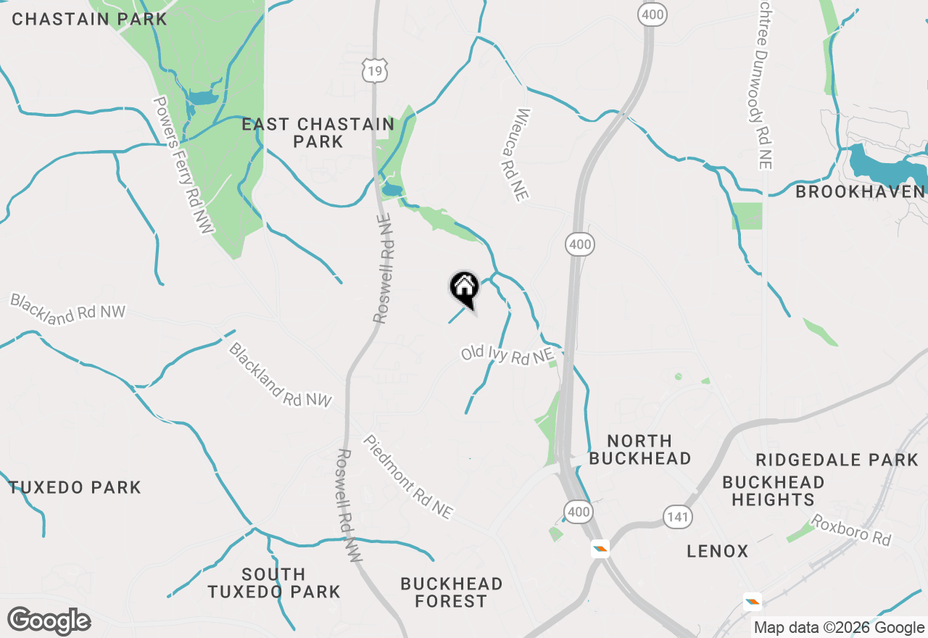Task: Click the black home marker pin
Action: [x=464, y=289]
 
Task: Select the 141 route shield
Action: [x=677, y=517]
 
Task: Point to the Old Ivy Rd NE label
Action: [x=507, y=355]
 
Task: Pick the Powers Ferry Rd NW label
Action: [x=185, y=165]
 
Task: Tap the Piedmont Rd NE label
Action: [x=408, y=477]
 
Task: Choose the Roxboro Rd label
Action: [x=850, y=531]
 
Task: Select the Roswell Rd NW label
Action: [x=349, y=506]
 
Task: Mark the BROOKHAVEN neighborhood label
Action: [x=861, y=192]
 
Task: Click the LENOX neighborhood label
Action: [x=718, y=552]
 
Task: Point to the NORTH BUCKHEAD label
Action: [x=639, y=449]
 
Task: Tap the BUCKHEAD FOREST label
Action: [x=452, y=592]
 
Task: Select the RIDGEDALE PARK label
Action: [x=837, y=460]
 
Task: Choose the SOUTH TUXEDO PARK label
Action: [x=274, y=583]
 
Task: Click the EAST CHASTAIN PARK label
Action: [x=318, y=133]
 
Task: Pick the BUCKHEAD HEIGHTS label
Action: [x=773, y=491]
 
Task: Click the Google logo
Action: [x=49, y=621]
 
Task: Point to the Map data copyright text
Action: [x=839, y=628]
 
